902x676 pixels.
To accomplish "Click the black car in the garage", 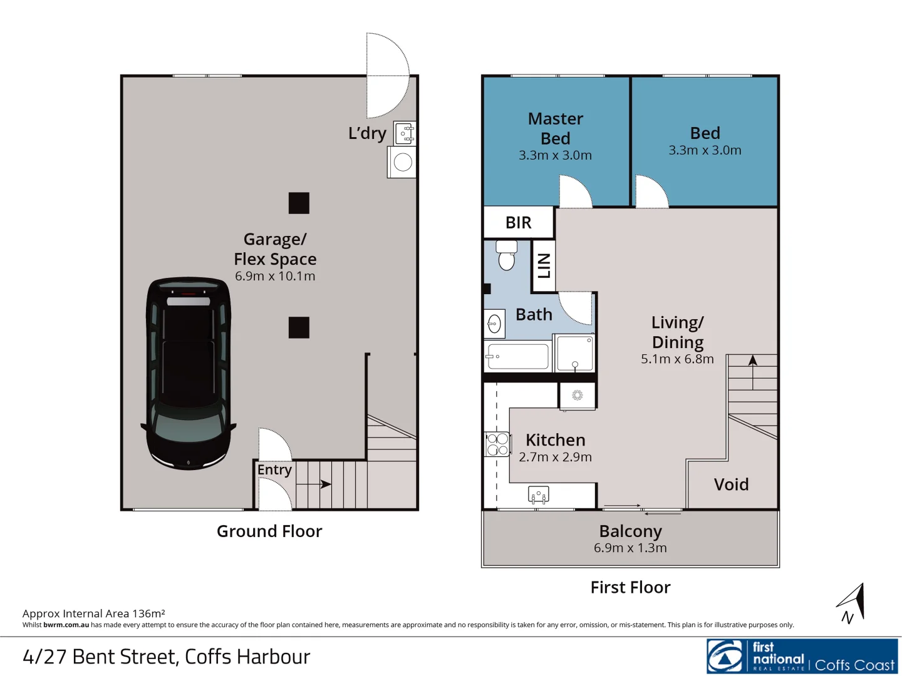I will (x=189, y=373).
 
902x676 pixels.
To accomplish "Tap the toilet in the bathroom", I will (x=506, y=255).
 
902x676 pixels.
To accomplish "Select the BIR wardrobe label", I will (x=518, y=222).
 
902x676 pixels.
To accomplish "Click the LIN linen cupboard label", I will (x=544, y=266).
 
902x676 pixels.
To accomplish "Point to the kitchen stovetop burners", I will (x=497, y=444).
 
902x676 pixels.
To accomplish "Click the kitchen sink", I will (x=538, y=494).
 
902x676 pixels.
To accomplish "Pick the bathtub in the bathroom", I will (x=517, y=357).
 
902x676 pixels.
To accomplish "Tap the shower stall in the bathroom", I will (x=574, y=354).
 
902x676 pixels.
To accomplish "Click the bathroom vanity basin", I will (x=494, y=324).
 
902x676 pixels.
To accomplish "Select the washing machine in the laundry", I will (x=402, y=162).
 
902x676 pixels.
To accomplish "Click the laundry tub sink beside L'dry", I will (x=405, y=133).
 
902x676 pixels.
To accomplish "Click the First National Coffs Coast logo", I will (x=802, y=657).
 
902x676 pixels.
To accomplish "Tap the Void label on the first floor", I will (x=731, y=484).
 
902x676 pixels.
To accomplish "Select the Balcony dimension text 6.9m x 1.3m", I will (x=630, y=548).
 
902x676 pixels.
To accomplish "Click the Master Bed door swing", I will (x=575, y=193).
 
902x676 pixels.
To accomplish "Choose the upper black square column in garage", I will (x=299, y=203).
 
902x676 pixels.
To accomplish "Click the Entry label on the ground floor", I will (x=274, y=470).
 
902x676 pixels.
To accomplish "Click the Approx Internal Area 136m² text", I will (x=94, y=613).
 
